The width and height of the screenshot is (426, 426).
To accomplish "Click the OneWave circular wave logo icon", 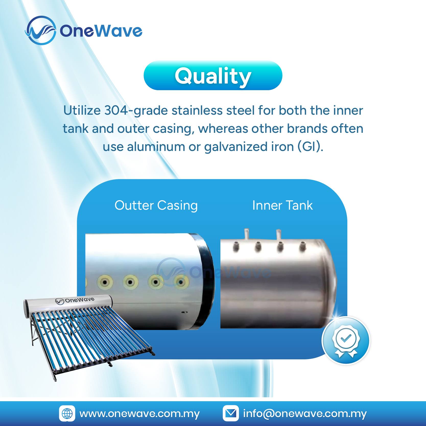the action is tap(41, 30).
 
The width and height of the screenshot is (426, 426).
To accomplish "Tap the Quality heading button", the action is tap(213, 76).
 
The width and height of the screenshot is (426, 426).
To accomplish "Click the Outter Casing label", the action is tap(156, 206).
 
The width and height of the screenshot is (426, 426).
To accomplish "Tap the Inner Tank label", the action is tap(282, 205).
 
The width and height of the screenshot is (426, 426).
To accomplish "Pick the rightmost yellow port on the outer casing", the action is tap(181, 282).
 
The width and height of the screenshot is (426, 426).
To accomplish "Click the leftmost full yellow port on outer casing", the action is tap(105, 282).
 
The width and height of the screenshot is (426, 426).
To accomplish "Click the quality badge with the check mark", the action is tap(346, 340).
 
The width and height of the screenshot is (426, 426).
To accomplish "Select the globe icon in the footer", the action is tap(67, 413).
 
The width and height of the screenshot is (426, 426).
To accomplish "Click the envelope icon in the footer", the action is tap(231, 413).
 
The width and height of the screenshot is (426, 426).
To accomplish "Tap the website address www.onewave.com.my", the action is tap(139, 414).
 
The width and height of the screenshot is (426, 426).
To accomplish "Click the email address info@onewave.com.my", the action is tap(305, 414).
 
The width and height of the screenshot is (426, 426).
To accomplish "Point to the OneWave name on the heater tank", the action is tap(75, 300).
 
